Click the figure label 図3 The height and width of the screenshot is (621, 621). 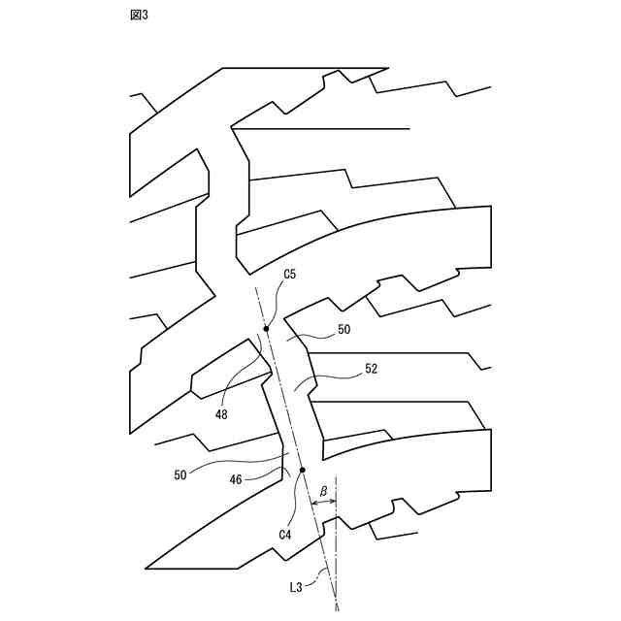[138, 16]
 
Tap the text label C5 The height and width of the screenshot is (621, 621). [289, 275]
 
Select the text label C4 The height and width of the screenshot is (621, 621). [284, 534]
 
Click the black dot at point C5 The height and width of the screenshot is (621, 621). [266, 329]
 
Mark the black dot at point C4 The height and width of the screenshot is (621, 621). [303, 471]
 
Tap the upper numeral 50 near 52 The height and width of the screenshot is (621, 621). [343, 330]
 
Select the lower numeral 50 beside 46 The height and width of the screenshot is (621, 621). [180, 474]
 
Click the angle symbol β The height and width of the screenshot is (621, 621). [323, 491]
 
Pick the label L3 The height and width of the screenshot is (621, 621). [298, 587]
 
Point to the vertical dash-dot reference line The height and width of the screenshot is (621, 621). [336, 543]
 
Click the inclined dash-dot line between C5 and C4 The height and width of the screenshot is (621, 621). [284, 400]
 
